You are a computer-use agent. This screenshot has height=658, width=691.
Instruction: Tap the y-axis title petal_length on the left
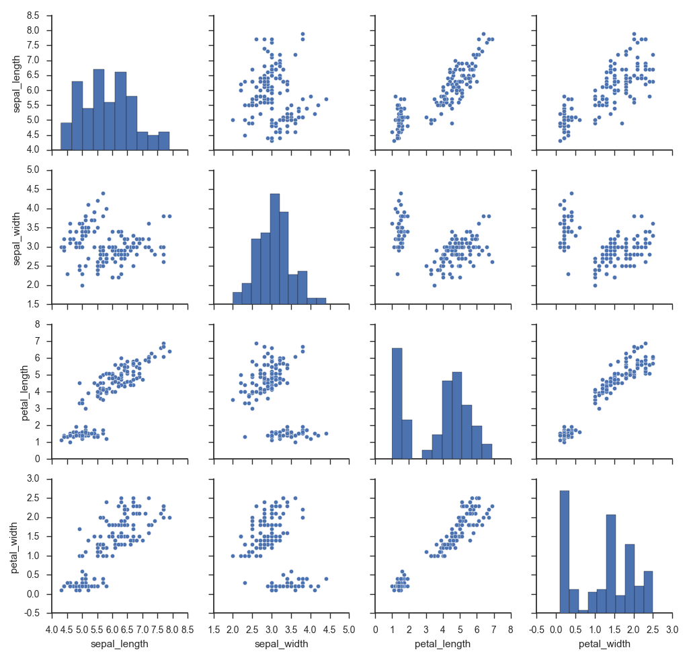(x=25, y=391)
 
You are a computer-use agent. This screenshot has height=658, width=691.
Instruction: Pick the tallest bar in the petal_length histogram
(x=397, y=404)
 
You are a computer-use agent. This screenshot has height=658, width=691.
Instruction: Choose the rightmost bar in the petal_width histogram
(x=648, y=592)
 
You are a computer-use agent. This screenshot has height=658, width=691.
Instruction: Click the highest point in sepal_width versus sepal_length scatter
(x=103, y=193)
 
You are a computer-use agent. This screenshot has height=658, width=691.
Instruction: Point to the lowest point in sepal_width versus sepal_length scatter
(x=82, y=285)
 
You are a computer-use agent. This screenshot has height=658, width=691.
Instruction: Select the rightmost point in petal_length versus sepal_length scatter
(x=169, y=351)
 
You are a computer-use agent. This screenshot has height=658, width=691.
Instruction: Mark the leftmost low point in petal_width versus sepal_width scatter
(x=245, y=583)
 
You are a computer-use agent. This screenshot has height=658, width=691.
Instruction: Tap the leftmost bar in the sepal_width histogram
(x=237, y=298)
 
